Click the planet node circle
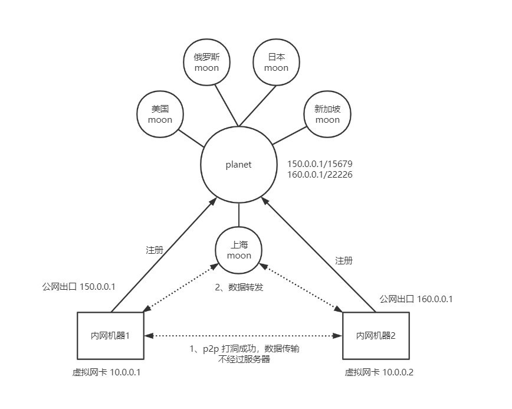pyautogui.click(x=238, y=165)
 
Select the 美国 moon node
pyautogui.click(x=160, y=114)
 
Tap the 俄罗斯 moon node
pyautogui.click(x=206, y=62)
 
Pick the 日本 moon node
pyautogui.click(x=276, y=62)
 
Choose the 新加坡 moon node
pyautogui.click(x=327, y=114)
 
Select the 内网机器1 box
pyautogui.click(x=111, y=335)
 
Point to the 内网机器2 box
pyautogui.click(x=376, y=335)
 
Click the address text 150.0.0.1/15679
pyautogui.click(x=320, y=163)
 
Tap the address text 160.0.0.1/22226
pyautogui.click(x=320, y=175)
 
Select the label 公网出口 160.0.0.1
pyautogui.click(x=416, y=299)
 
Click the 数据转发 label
pyautogui.click(x=238, y=288)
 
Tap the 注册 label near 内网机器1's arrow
pyautogui.click(x=155, y=250)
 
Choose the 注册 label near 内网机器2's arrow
pyautogui.click(x=344, y=260)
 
